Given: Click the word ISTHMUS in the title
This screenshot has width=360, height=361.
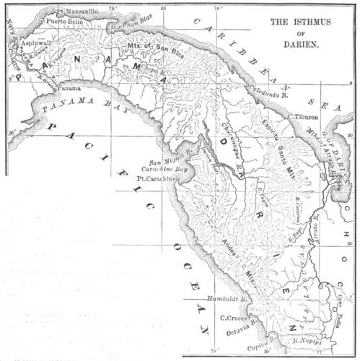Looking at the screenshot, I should click(x=317, y=22).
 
